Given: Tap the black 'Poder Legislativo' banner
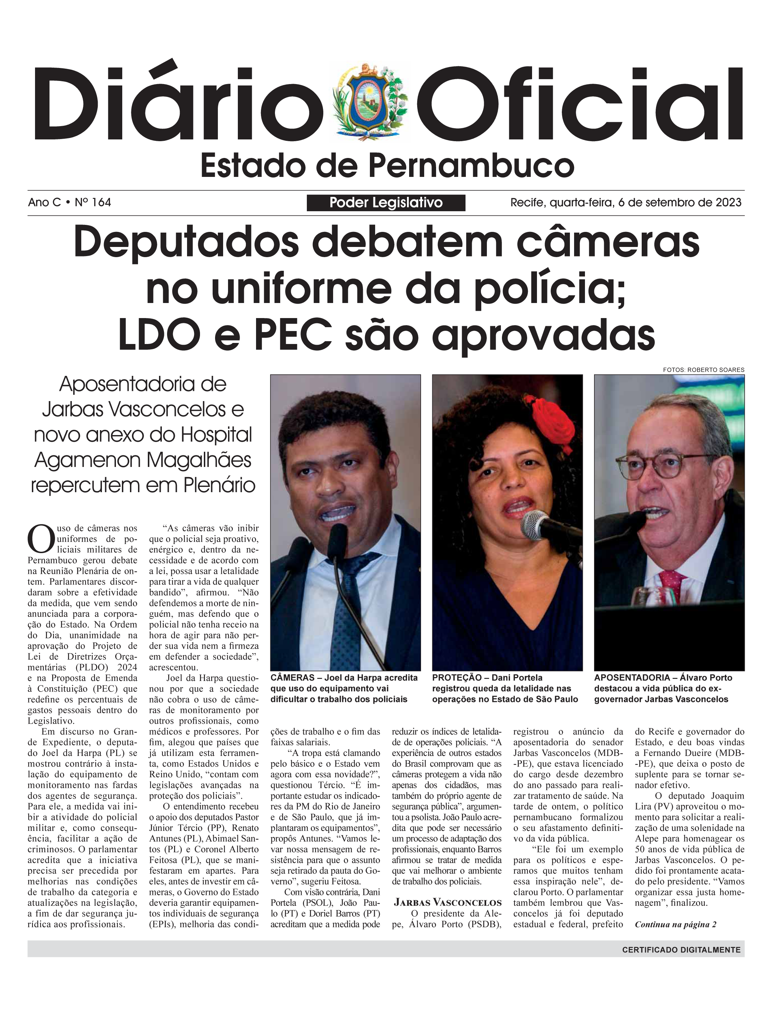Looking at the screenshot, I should (386, 203).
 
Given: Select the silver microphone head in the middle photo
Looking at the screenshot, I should (535, 524).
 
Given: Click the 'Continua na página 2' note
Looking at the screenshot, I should (675, 925).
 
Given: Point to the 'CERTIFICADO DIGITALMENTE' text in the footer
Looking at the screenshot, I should (681, 950).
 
